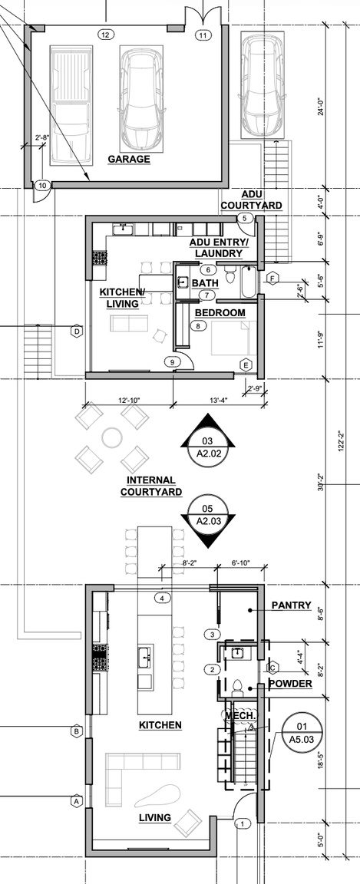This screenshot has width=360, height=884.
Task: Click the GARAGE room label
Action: point(128,160)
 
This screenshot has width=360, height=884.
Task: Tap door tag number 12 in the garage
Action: point(105,35)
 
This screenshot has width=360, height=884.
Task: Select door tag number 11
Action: point(203,35)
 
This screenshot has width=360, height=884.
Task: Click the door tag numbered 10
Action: point(42,185)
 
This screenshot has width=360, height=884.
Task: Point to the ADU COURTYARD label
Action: point(251,200)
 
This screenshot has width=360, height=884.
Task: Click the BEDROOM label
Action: point(220,312)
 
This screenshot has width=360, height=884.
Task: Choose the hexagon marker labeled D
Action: point(77,331)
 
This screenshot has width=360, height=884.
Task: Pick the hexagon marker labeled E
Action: point(246,364)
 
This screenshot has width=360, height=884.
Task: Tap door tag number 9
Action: point(173,362)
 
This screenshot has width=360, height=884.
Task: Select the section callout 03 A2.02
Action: point(206,435)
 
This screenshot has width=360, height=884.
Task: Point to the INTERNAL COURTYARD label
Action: point(150,486)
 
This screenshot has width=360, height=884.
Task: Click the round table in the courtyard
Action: point(113,437)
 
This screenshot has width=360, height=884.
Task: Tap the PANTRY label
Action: point(291,605)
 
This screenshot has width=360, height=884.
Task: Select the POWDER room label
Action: point(289,684)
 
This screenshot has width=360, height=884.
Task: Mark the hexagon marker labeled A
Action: point(77,800)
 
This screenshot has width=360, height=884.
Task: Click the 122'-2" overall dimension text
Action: point(342,441)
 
